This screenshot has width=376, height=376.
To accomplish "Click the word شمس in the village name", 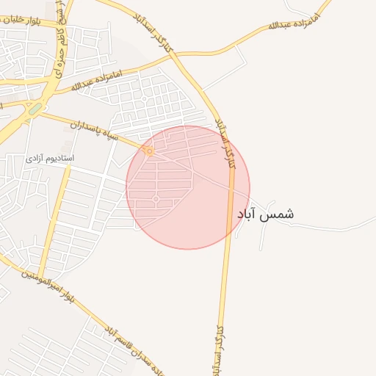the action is (x=279, y=214).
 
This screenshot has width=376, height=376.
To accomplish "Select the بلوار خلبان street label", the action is (x=21, y=20).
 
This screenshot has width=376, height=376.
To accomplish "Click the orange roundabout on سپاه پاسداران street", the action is (x=148, y=151).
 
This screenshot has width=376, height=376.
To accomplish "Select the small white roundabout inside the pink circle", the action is (x=156, y=198).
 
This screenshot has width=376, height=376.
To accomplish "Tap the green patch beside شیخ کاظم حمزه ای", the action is (x=35, y=109).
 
